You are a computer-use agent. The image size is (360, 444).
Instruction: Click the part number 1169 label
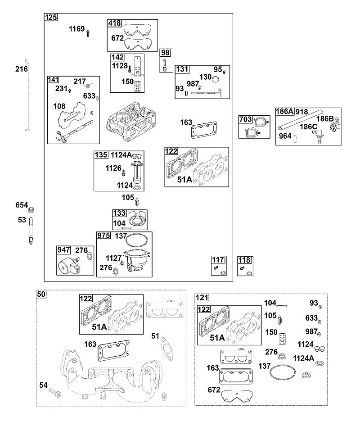76,29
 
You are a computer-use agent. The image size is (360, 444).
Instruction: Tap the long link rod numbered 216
29,95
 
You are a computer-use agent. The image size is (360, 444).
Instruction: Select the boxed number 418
114,23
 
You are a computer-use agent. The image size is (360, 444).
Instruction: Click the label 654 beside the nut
22,205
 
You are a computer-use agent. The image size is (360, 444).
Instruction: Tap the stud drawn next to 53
31,230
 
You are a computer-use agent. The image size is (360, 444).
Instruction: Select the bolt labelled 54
55,393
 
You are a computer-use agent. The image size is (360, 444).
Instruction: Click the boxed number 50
41,294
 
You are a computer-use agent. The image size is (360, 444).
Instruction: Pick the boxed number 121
202,298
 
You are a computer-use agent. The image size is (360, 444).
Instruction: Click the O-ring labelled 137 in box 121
283,372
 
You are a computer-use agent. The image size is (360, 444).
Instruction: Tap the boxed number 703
245,119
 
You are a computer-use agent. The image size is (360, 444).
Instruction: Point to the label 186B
325,118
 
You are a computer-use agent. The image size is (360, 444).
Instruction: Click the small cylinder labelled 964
296,138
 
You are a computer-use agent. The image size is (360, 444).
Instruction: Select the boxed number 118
244,260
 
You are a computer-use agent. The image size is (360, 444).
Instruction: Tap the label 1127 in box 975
113,258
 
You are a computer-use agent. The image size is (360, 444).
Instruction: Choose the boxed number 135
101,154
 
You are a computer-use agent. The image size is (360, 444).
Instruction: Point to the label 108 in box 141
59,106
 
